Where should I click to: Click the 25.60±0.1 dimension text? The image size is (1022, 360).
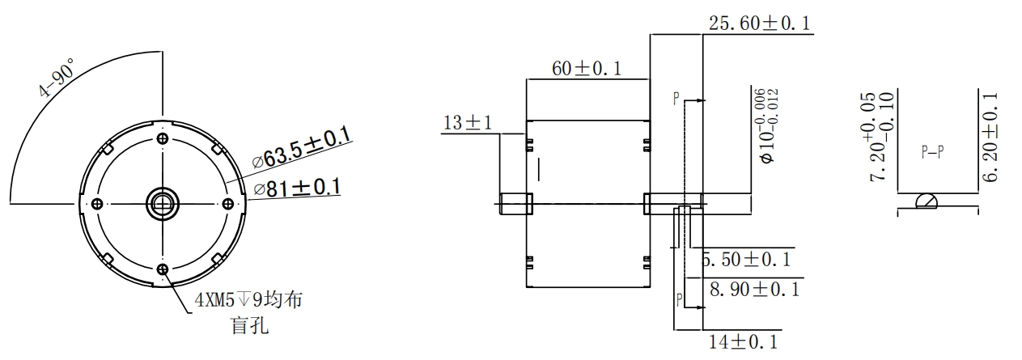coord(759,23)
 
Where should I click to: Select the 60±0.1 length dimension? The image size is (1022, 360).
coord(587,69)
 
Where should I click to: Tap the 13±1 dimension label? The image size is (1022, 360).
coord(468,123)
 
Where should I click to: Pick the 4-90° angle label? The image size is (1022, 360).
coord(57,78)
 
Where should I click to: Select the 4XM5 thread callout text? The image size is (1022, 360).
coord(248,300)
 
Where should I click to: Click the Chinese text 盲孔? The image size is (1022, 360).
coord(249,326)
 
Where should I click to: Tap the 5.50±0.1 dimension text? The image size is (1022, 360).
coord(746,260)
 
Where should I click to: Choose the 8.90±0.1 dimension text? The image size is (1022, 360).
coord(755,290)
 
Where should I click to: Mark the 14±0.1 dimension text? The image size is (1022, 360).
coord(743,341)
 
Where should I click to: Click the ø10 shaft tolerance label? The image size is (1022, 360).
coord(767,125)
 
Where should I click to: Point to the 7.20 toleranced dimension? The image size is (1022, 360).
coord(880,137)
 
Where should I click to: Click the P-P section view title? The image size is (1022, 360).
coord(932,152)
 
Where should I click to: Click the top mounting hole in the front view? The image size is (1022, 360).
coord(163,138)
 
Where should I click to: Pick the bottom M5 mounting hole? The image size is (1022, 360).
coord(163,269)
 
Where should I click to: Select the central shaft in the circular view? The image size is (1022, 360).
coord(163,204)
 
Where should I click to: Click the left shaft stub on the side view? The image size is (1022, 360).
coord(516,204)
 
